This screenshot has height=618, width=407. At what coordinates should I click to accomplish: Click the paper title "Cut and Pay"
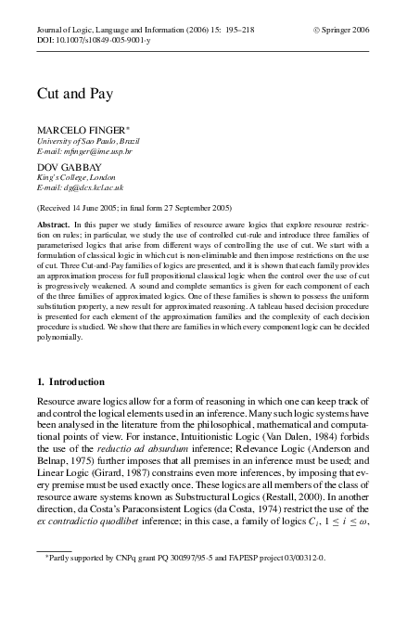pyautogui.click(x=69, y=95)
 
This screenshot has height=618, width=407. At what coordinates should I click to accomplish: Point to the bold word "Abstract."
pyautogui.click(x=55, y=225)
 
